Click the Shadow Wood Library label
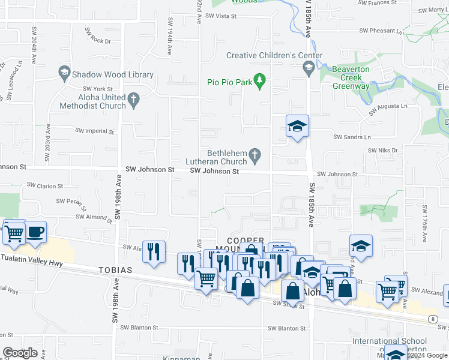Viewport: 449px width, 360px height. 112,75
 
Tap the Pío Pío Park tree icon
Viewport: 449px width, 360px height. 259,80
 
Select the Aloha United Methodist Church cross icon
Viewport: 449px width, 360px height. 133,97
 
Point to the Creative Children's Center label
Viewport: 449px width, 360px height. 274,56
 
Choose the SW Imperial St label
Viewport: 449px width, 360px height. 94,131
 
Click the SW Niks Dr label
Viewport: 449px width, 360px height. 383,150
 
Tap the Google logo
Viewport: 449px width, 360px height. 20,353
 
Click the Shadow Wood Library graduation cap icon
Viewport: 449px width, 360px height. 64,74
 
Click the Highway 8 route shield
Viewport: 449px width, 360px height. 433,319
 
